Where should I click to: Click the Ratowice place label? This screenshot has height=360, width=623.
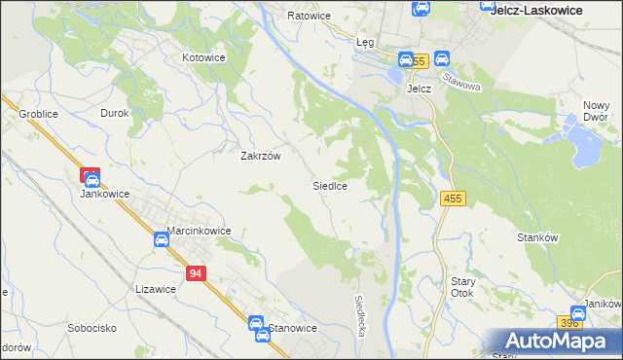tap(310, 16)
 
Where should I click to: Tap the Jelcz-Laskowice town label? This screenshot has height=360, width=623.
tap(536, 10)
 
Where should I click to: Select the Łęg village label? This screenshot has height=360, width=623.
tap(365, 43)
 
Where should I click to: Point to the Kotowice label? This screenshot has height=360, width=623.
tap(204, 57)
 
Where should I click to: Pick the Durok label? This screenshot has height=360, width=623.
tap(115, 113)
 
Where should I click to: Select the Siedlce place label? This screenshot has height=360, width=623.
tap(330, 184)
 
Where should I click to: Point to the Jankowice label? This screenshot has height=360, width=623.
tap(105, 193)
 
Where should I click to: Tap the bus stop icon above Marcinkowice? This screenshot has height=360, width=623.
tap(161, 239)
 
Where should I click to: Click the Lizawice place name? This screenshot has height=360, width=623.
tap(156, 288)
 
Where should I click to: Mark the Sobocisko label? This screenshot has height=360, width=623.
tap(92, 329)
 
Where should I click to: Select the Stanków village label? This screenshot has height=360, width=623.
tap(537, 236)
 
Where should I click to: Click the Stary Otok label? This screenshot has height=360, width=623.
tap(462, 287)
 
